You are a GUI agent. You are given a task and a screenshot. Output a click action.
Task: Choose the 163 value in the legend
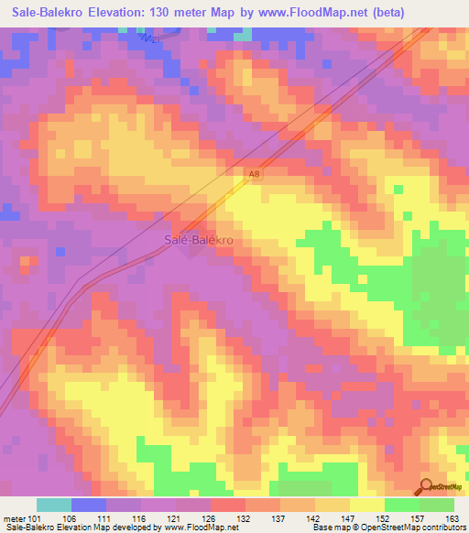pyautogui.click(x=453, y=517)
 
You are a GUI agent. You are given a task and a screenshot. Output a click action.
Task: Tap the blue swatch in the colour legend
pyautogui.click(x=89, y=505)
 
